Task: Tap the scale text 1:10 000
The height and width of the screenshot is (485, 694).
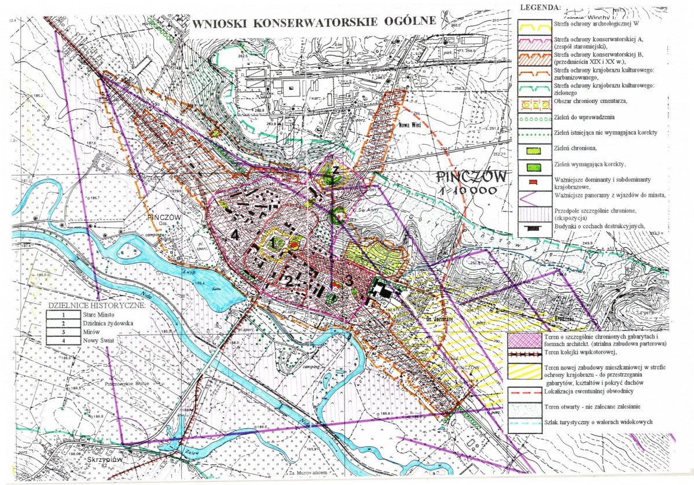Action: pyautogui.click(x=472, y=190)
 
